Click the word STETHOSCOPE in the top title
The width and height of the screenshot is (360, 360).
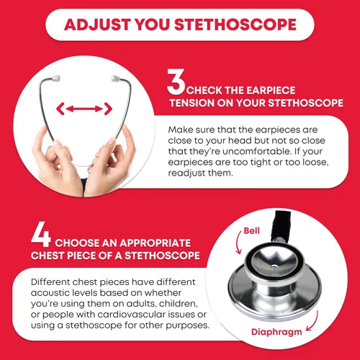pos(235,24)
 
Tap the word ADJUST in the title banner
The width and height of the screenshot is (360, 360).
pos(96,24)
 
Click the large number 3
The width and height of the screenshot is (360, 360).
pos(176,82)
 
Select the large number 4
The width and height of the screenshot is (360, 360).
pos(41,234)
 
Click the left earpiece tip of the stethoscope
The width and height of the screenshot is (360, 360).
pos(55,78)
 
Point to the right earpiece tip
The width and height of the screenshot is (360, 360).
pos(115,78)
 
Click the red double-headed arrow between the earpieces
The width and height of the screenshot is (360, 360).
pos(84,109)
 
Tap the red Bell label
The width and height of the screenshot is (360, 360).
pos(251,230)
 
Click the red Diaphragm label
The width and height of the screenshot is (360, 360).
pos(276,332)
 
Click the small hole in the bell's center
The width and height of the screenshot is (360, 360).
pos(274,266)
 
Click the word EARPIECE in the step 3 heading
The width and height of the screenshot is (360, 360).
pos(271,91)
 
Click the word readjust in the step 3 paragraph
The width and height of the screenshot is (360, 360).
pos(186,174)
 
